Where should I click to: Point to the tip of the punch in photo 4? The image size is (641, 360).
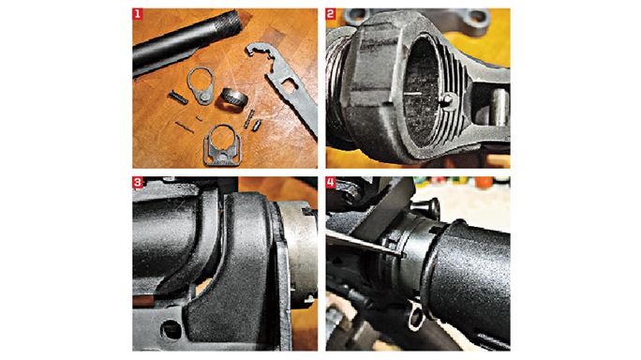[399, 252]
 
